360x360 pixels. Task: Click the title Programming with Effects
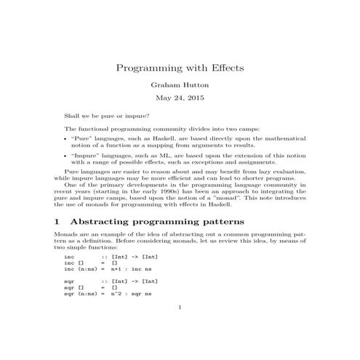point(180,68)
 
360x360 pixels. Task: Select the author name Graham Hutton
point(180,84)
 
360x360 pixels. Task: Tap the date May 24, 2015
point(180,97)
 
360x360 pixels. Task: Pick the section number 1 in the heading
point(57,220)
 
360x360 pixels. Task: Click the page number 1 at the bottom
point(180,307)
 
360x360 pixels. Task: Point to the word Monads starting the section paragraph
point(66,235)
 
